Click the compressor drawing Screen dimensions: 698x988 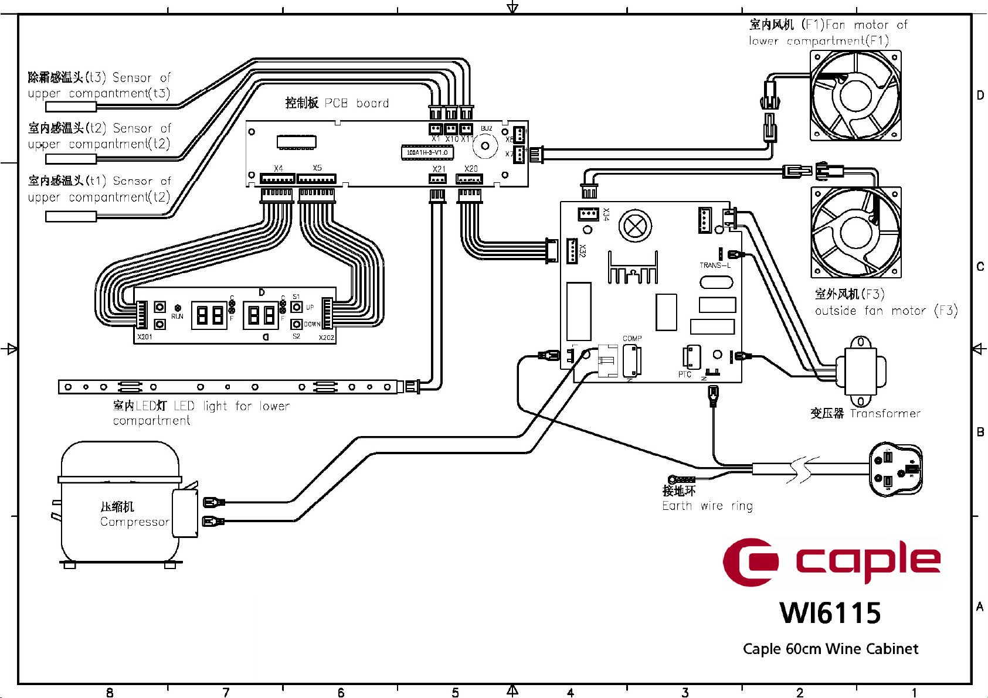(x=120, y=504)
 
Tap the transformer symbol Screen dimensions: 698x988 (x=860, y=371)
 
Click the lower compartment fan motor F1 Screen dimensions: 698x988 (x=855, y=96)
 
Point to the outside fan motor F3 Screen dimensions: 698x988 (x=855, y=233)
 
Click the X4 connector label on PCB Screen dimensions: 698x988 (x=278, y=169)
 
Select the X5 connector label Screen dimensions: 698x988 (x=317, y=168)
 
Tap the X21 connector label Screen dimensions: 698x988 (x=439, y=169)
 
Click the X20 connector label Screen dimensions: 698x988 (x=471, y=169)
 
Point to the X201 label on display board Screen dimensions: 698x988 (x=145, y=337)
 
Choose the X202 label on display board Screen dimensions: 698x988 (x=327, y=338)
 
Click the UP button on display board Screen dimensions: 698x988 (x=297, y=307)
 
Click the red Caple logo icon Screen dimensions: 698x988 (x=751, y=562)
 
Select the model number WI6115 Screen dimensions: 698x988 (x=830, y=614)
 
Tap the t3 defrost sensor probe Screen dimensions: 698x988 (x=71, y=107)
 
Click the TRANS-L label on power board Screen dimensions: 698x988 (x=715, y=265)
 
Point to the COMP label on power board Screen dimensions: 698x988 (x=632, y=339)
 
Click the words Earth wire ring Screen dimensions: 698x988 (x=707, y=506)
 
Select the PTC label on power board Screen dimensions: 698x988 (x=685, y=374)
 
